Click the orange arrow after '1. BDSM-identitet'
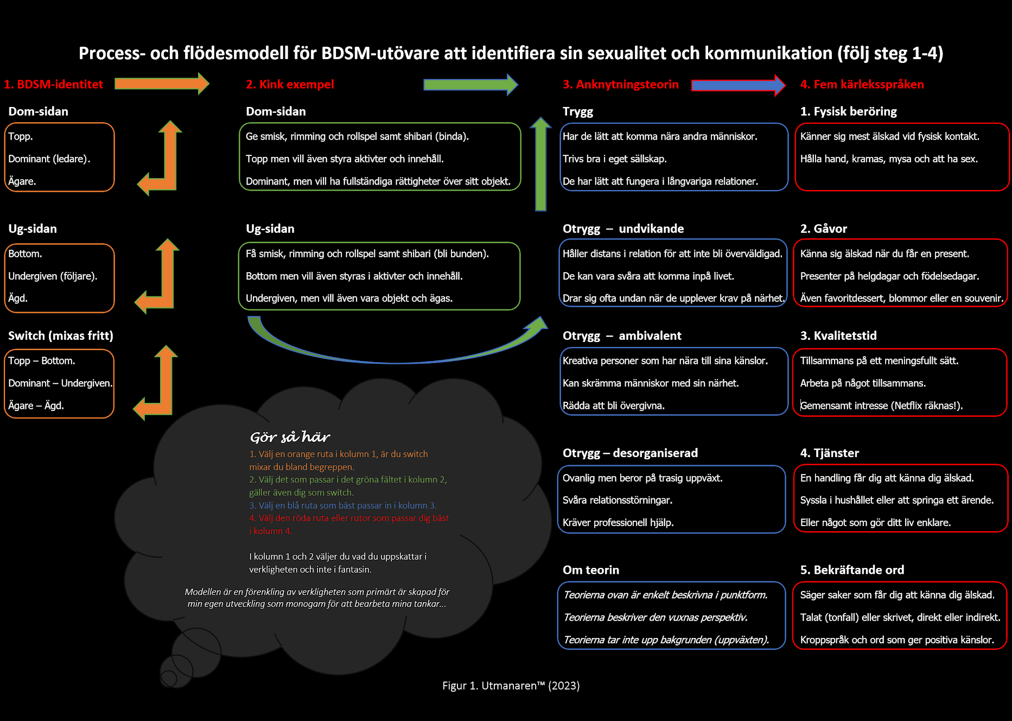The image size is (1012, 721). coord(161,84)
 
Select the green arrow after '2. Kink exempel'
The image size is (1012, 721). coord(470,85)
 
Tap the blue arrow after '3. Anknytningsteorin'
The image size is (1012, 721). coord(737,85)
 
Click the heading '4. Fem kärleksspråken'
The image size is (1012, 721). coord(862,85)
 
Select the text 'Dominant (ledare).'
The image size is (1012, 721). coord(49,159)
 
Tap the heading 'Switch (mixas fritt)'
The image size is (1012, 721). coord(61,336)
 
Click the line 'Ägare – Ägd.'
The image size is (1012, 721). coord(36,406)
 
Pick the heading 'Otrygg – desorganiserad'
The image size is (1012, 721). coord(630,453)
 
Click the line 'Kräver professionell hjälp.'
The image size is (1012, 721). coord(618,523)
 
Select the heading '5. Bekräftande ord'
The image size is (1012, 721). coord(852,570)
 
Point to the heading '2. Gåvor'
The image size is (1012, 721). coord(823,229)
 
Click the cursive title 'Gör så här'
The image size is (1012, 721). coord(290,437)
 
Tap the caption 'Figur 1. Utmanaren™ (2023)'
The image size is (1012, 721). coord(511,686)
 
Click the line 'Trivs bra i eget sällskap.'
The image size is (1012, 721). coord(614,159)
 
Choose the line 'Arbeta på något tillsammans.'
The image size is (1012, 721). coord(863,383)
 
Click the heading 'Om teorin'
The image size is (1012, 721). coord(590,570)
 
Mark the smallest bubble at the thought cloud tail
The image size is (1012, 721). coord(169,678)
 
